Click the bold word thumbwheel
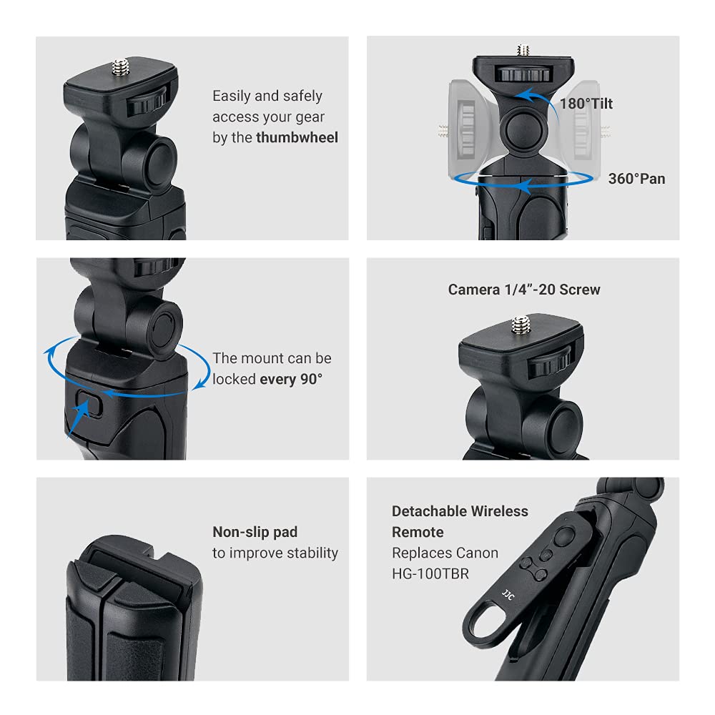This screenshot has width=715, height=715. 297,137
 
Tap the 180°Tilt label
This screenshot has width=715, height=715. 586,103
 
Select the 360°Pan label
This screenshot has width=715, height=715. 636,178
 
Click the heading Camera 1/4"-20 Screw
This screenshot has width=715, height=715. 523,290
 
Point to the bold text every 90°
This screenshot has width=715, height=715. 291,379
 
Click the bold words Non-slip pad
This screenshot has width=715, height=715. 255,532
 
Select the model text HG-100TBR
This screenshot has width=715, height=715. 430,573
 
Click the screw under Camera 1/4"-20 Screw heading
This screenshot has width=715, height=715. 521,325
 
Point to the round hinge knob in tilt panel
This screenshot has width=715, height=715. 522,129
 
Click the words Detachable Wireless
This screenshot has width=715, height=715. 460,511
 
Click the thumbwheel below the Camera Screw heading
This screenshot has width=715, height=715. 551,362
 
